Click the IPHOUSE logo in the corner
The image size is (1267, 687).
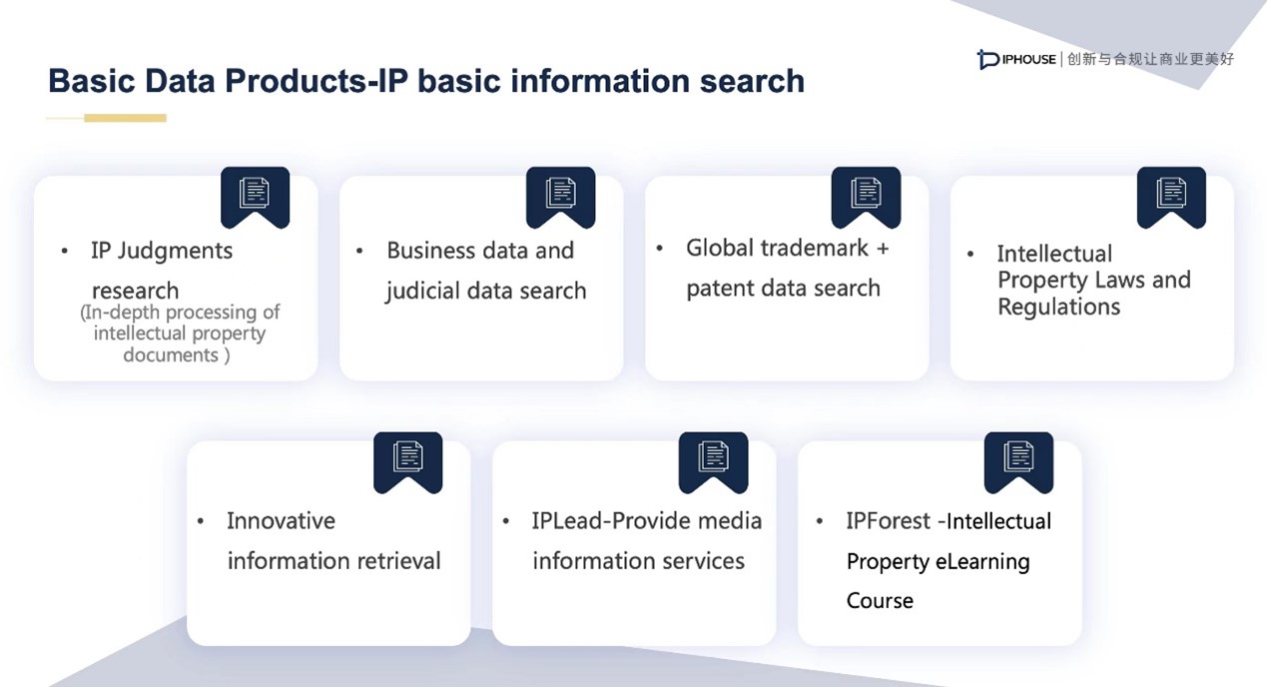click(1015, 59)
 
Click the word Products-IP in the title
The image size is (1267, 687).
click(317, 81)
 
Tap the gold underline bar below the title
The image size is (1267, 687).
click(125, 118)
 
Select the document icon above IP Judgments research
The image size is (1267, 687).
click(255, 193)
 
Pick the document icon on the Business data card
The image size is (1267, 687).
click(560, 193)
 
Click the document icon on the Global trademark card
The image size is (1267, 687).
click(866, 193)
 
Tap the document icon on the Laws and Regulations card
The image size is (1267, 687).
click(1171, 193)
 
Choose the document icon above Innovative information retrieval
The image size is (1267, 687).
click(407, 456)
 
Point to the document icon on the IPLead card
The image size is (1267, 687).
click(713, 456)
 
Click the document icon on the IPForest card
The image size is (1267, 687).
click(1018, 456)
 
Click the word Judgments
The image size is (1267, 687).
click(175, 252)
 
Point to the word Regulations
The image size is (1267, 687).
click(1058, 308)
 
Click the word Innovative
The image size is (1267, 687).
click(282, 520)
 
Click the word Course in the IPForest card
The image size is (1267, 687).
click(880, 600)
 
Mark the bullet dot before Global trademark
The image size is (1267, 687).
click(660, 248)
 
